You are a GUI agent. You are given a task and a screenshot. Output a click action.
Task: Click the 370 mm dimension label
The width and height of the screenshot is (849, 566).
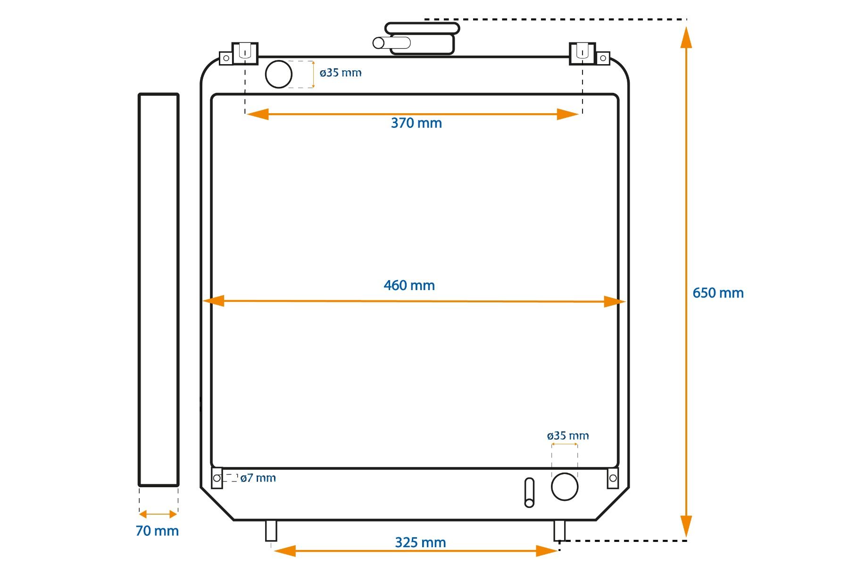tap(416, 123)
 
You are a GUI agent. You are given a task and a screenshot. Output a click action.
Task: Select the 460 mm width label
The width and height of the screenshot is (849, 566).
tap(409, 285)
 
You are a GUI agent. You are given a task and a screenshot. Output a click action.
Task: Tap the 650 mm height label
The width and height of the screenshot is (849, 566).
tap(718, 293)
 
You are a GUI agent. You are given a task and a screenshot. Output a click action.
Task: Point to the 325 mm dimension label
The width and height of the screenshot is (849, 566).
tap(420, 542)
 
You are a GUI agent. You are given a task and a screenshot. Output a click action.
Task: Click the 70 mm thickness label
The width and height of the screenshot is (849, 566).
tap(157, 531)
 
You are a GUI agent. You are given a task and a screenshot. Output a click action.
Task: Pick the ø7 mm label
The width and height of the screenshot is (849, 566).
tap(258, 478)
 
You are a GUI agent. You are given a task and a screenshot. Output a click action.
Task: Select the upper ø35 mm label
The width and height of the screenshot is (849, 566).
tap(341, 73)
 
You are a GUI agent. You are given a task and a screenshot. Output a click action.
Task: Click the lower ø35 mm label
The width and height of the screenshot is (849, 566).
tap(568, 436)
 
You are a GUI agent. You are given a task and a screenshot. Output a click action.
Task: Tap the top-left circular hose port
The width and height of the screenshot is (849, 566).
tap(279, 74)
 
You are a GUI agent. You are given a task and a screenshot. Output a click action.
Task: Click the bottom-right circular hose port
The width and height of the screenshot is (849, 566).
tap(565, 487)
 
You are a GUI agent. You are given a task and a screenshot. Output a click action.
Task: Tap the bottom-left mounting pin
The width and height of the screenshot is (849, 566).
tap(271, 531)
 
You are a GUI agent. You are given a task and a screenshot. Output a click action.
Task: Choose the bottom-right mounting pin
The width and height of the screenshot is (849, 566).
tap(559, 531)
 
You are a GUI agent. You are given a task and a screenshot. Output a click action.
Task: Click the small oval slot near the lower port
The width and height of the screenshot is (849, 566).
tap(529, 493)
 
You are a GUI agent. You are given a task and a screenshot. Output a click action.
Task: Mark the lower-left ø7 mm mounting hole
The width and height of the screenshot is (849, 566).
tap(217, 478)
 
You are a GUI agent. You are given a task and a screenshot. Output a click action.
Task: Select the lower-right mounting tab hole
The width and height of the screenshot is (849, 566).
tap(613, 478)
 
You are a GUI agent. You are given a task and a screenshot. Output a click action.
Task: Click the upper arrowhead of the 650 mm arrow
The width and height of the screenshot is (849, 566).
tap(686, 37)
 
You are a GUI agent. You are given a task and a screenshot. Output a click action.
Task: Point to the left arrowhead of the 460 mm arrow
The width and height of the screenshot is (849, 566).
tap(214, 301)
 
